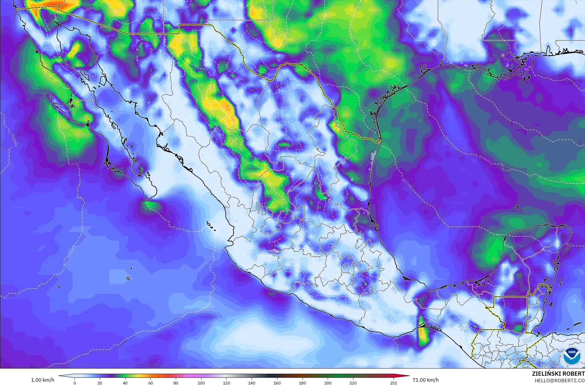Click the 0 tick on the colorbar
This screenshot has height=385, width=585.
coord(75,383)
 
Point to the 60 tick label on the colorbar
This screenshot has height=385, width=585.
coord(150,383)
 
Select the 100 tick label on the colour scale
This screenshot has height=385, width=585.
coord(201,383)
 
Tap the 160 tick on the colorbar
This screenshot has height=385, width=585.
coord(277,383)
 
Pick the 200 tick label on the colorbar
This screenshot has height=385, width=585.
coord(328,383)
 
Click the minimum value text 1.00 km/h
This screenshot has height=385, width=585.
coord(43,380)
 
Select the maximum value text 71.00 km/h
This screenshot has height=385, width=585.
coord(426,380)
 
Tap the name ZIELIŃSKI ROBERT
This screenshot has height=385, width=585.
coord(558,374)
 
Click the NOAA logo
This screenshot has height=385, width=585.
coord(571,356)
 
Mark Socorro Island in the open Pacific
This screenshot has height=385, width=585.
coord(128,278)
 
